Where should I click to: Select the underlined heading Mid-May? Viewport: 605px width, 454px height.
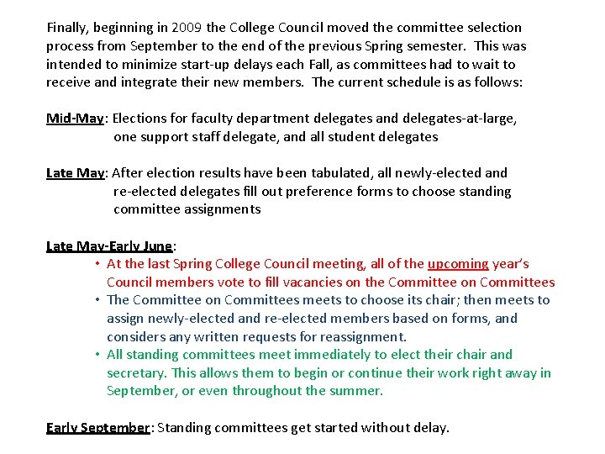click(x=75, y=119)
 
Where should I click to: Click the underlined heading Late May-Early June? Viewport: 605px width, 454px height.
click(x=109, y=246)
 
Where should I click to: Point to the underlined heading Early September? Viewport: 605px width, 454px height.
click(x=97, y=428)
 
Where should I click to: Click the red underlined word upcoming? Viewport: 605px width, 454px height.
click(x=458, y=264)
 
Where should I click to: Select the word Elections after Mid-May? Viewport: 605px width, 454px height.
click(x=142, y=119)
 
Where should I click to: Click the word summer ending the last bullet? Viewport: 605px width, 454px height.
click(x=357, y=391)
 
